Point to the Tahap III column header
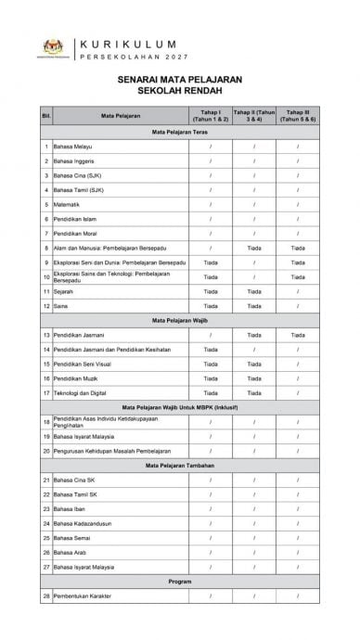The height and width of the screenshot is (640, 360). click(297, 116)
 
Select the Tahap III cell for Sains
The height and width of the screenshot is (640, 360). click(297, 305)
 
